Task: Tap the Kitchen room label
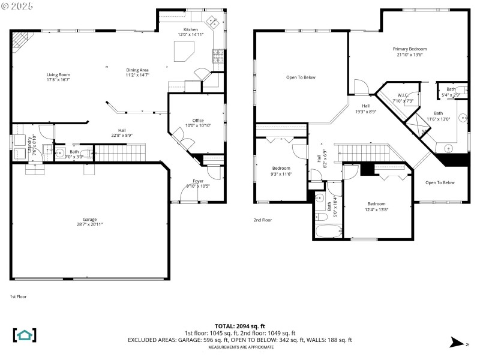tap(190, 32)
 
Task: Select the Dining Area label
tap(137, 73)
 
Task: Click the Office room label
tap(198, 123)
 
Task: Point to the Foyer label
tap(197, 183)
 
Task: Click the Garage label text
tap(89, 221)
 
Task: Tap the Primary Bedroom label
tap(410, 52)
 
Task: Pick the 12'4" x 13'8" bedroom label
tap(376, 206)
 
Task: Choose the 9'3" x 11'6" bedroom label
tap(281, 171)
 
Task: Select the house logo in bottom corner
tap(25, 335)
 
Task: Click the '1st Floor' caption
tap(18, 296)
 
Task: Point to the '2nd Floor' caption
tap(262, 220)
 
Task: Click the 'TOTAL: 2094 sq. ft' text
tap(239, 326)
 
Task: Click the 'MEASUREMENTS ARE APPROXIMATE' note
tap(239, 347)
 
